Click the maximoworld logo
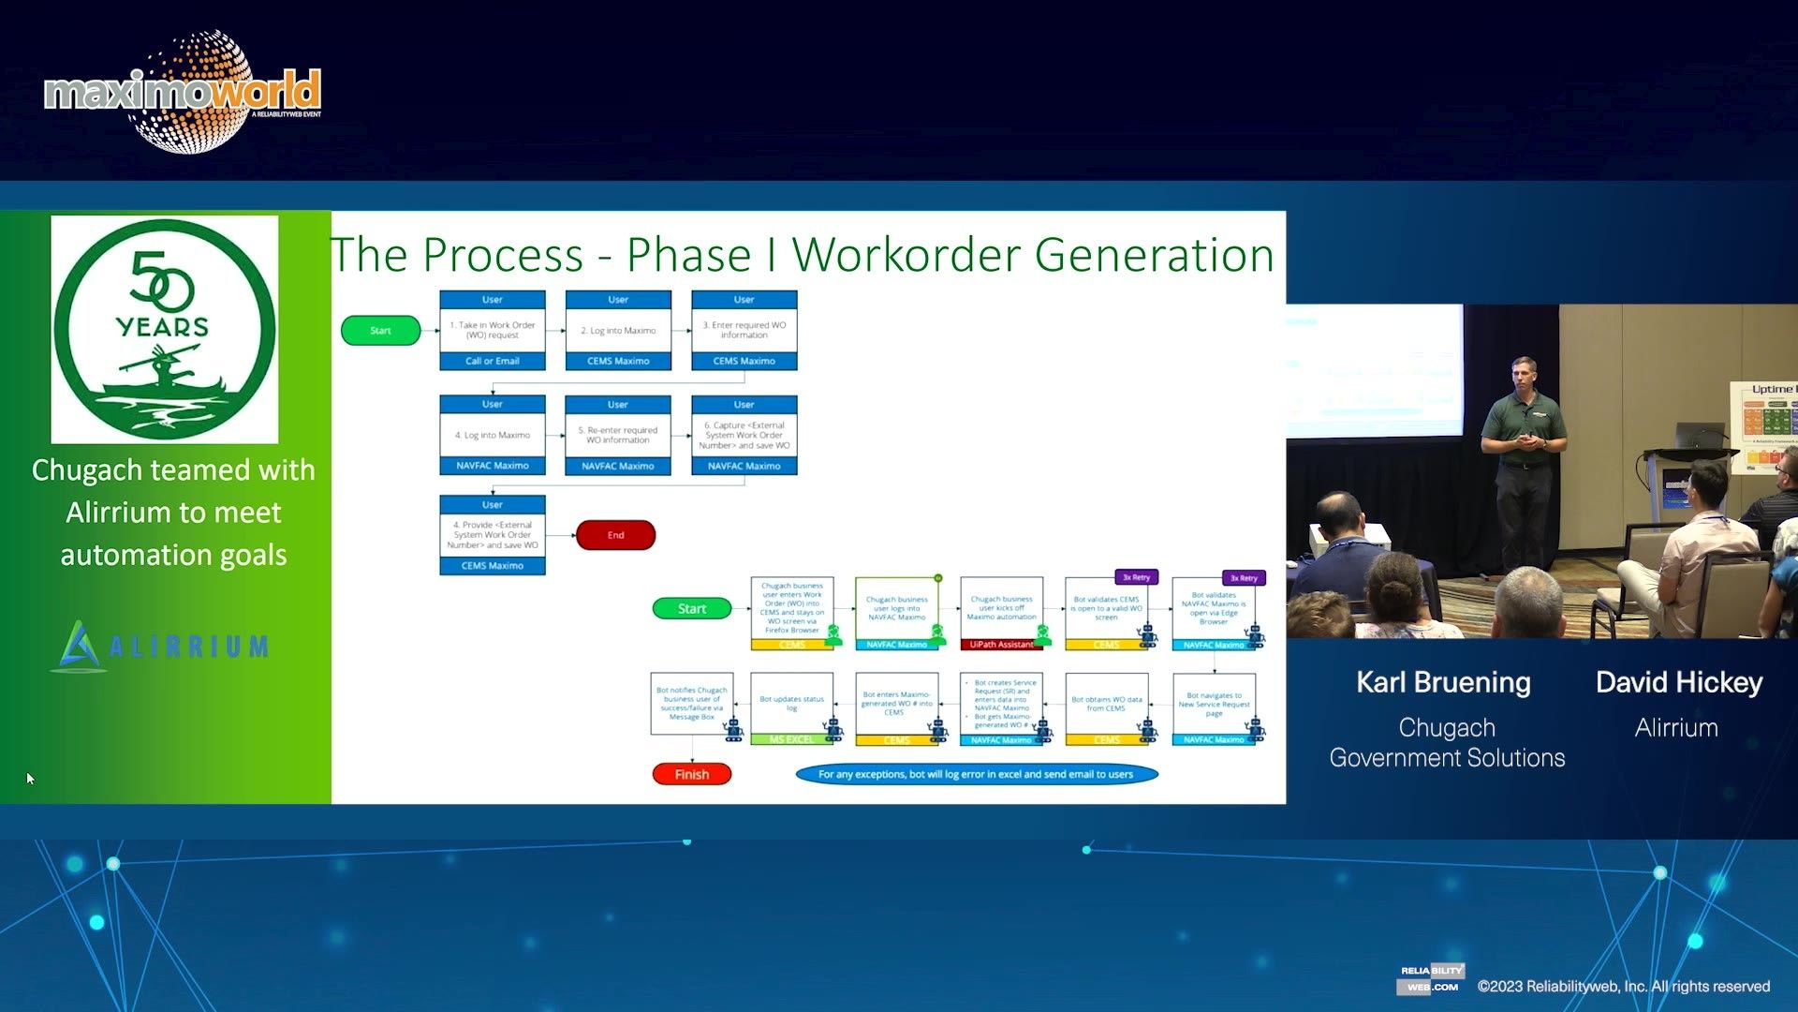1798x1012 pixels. point(183,92)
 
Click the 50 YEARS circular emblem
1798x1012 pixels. point(165,329)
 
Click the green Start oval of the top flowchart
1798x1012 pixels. point(380,331)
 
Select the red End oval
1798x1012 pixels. point(615,535)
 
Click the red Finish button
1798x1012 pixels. point(691,774)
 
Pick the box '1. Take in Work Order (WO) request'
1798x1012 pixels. point(493,330)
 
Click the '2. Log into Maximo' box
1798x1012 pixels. point(618,330)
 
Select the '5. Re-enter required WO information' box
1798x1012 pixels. point(618,435)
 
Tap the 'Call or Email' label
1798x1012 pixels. point(493,361)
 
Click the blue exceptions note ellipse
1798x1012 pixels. point(976,774)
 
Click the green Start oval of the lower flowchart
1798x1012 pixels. point(691,608)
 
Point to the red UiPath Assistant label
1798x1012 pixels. point(1001,645)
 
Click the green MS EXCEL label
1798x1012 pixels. point(791,739)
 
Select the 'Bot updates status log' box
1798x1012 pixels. point(791,704)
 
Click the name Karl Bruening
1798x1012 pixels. point(1443,682)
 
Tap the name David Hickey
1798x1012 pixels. point(1678,682)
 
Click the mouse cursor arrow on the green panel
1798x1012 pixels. point(30,778)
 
